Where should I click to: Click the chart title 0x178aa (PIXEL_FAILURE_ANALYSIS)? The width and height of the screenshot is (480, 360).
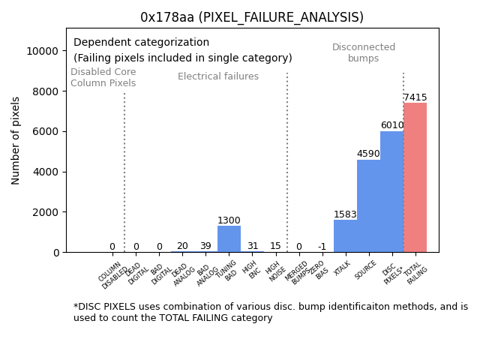(252, 17)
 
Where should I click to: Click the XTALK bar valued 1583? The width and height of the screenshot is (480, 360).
(345, 236)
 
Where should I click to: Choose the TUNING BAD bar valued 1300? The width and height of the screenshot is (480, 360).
(229, 239)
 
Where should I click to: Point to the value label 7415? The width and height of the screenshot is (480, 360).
(415, 97)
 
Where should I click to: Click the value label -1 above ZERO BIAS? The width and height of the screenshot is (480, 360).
(322, 247)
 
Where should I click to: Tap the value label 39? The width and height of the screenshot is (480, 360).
(205, 246)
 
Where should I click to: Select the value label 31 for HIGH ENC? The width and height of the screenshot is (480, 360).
(252, 246)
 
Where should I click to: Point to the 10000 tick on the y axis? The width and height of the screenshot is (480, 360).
(43, 51)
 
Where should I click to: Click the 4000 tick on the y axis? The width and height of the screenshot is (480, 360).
(46, 172)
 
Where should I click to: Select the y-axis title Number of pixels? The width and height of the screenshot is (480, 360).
(16, 140)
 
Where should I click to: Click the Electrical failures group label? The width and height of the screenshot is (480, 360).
(218, 76)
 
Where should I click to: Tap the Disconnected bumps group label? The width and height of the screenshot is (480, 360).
(364, 53)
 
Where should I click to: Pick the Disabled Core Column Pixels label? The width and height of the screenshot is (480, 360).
(103, 78)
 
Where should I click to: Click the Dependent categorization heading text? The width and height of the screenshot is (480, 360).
(142, 43)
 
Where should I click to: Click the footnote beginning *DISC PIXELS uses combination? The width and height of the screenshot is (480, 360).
(270, 312)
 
